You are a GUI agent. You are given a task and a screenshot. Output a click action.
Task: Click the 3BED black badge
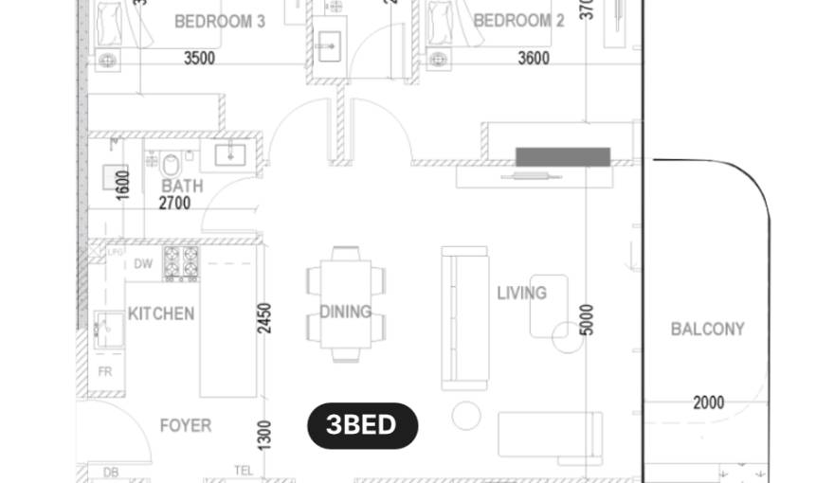(x=362, y=425)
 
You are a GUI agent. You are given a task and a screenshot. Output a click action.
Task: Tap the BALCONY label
(x=707, y=330)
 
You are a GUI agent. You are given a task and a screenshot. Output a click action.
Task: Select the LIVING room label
(x=521, y=294)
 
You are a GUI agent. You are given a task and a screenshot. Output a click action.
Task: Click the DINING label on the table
(x=345, y=312)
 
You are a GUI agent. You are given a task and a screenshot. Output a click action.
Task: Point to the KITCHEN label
(x=161, y=313)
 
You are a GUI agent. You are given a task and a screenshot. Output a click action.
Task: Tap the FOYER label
(x=185, y=426)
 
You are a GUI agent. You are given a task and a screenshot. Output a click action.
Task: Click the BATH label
(x=181, y=186)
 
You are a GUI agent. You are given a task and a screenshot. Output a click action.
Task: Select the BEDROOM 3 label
(x=220, y=21)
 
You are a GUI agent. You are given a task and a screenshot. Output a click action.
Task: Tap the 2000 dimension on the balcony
(x=708, y=402)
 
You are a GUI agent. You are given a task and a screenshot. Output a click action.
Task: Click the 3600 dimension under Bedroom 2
(x=534, y=58)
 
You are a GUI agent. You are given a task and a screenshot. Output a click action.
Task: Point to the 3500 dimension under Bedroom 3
(x=199, y=58)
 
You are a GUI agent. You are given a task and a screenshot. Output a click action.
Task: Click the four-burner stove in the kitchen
(x=180, y=263)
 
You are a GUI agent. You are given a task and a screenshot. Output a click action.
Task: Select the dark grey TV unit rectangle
(x=562, y=156)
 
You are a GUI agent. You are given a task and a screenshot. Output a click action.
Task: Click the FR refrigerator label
(x=105, y=372)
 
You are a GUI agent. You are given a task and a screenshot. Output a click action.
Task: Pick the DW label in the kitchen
(x=143, y=264)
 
